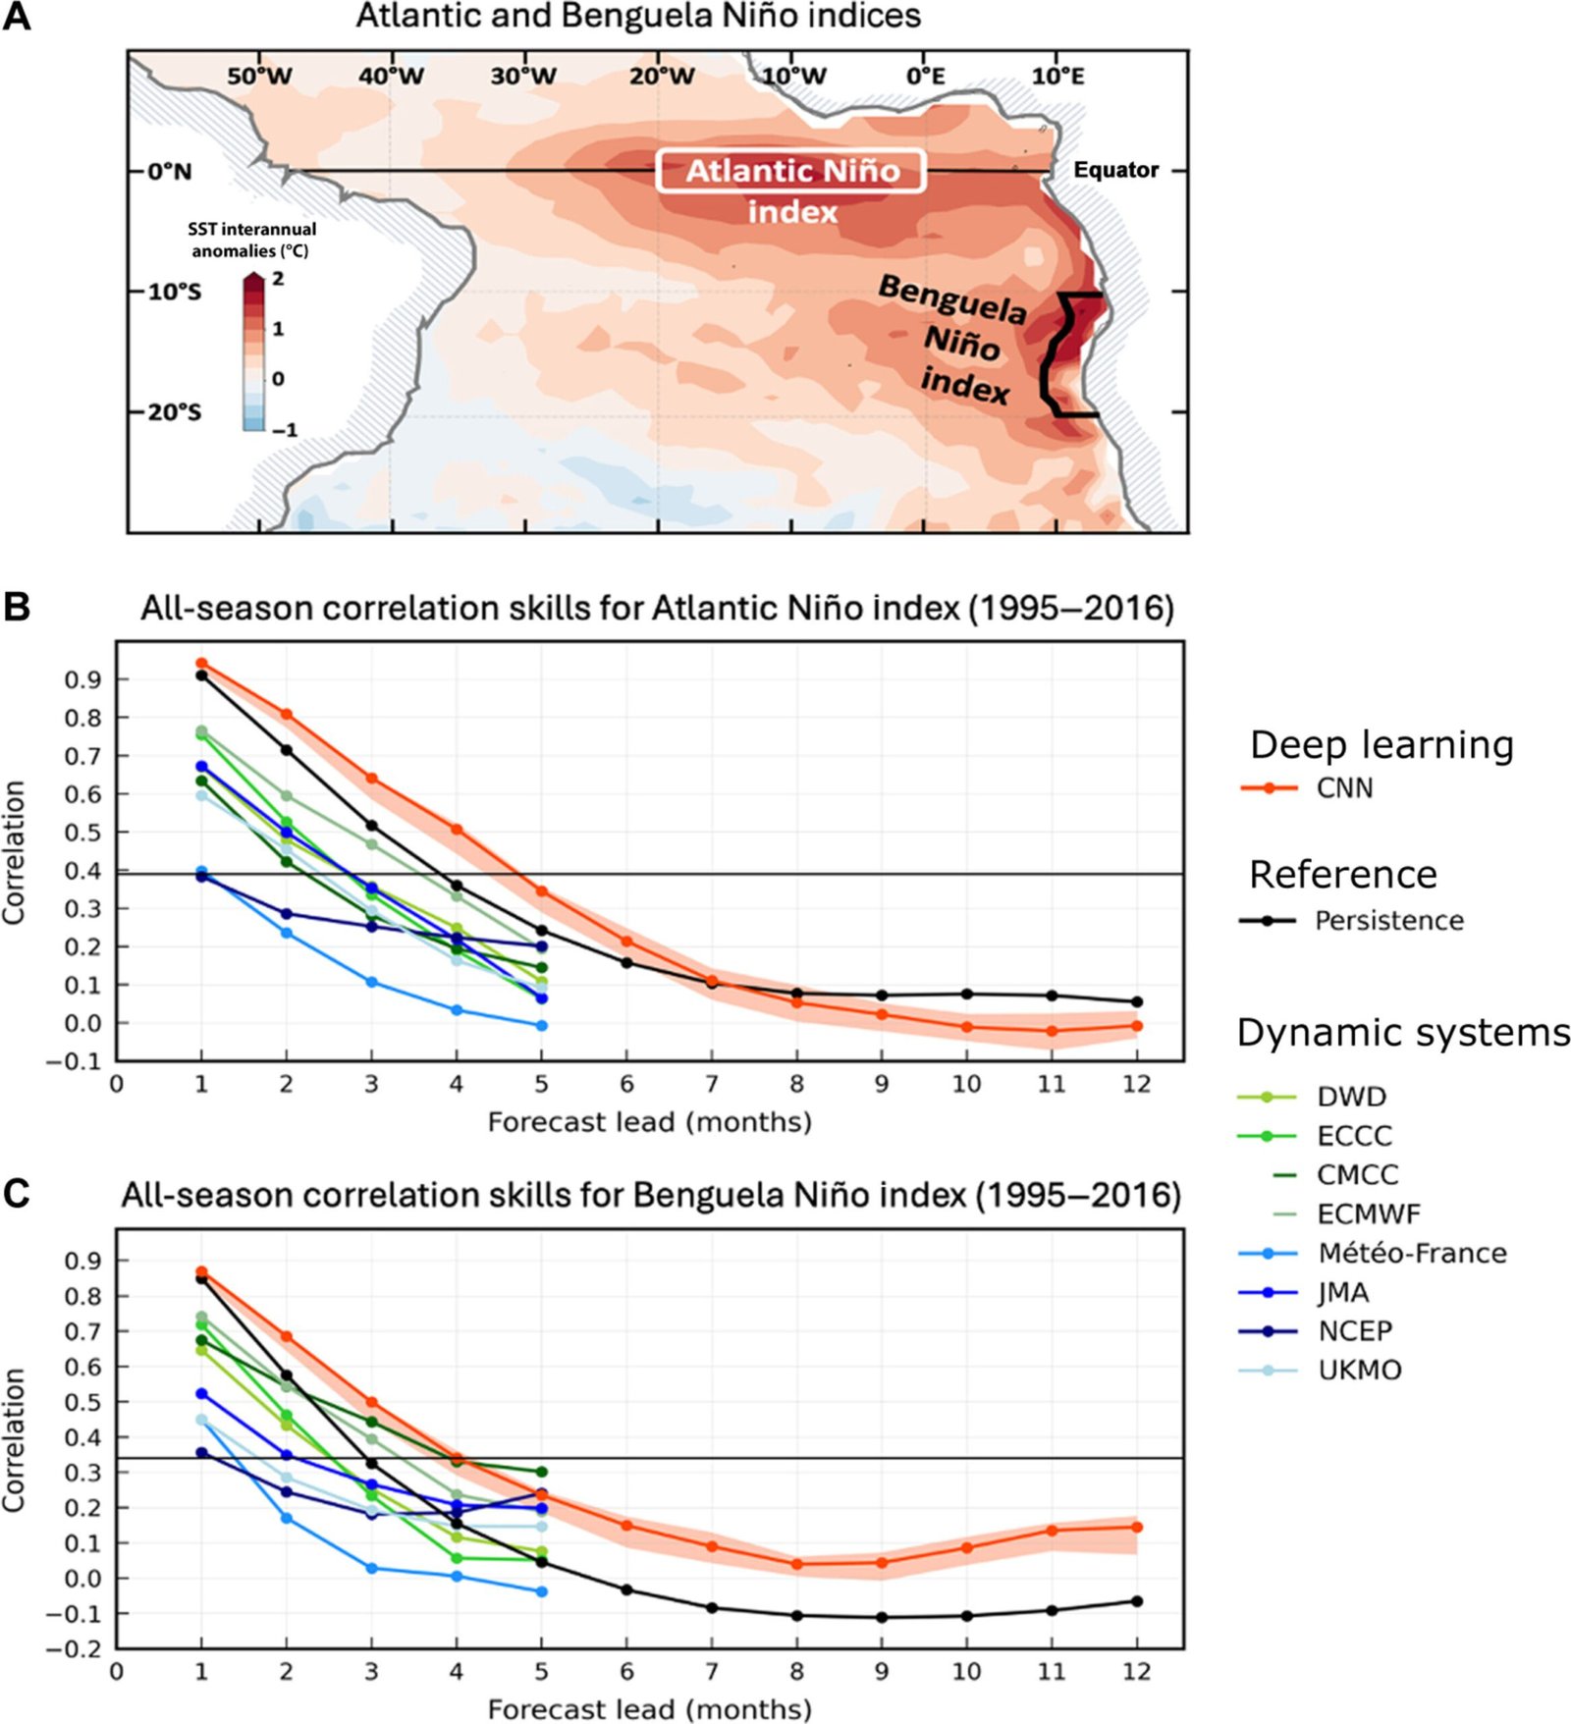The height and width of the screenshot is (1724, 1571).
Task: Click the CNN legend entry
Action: pyautogui.click(x=1343, y=788)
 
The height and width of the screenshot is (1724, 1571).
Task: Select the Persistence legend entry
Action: pyautogui.click(x=1388, y=921)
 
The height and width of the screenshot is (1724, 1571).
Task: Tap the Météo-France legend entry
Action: pyautogui.click(x=1411, y=1254)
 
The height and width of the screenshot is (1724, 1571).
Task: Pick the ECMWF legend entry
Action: pyautogui.click(x=1368, y=1214)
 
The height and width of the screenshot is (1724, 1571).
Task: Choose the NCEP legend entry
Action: pyautogui.click(x=1354, y=1331)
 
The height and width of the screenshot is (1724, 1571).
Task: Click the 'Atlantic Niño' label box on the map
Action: pyautogui.click(x=791, y=171)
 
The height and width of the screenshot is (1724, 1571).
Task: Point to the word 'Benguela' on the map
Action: pyautogui.click(x=951, y=298)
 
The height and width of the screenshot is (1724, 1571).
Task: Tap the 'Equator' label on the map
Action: pyautogui.click(x=1115, y=170)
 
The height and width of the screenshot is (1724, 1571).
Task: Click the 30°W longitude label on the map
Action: pyautogui.click(x=523, y=77)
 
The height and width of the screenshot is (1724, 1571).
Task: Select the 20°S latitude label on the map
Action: pyautogui.click(x=174, y=412)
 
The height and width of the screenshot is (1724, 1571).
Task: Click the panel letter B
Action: pyautogui.click(x=17, y=607)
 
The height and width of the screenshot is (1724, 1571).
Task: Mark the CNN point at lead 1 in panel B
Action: pyautogui.click(x=201, y=664)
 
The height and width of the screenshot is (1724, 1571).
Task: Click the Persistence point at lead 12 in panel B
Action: pyautogui.click(x=1137, y=1002)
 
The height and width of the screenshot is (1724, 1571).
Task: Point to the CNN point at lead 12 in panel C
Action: pyautogui.click(x=1137, y=1527)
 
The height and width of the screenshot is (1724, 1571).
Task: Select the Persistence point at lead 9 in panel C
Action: pyautogui.click(x=882, y=1617)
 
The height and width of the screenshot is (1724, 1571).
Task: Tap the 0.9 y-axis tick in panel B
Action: pyautogui.click(x=82, y=679)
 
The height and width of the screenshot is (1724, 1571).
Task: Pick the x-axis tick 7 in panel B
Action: pyautogui.click(x=712, y=1084)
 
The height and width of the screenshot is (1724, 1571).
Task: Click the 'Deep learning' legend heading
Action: pyautogui.click(x=1381, y=745)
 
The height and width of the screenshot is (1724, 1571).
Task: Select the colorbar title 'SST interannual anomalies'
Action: pyautogui.click(x=251, y=240)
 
